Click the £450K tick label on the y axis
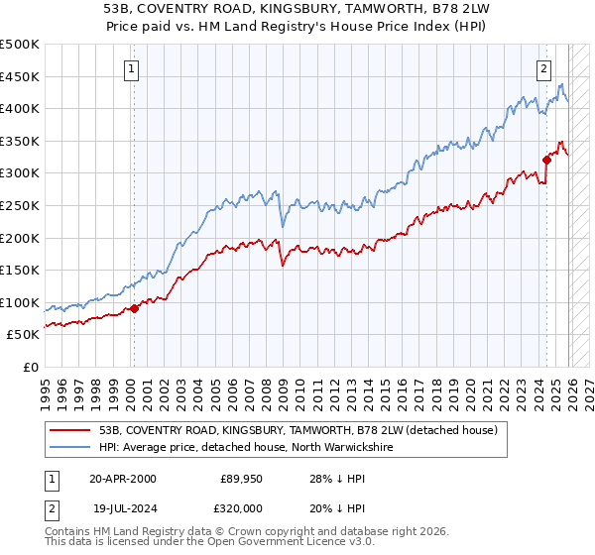coord(20,76)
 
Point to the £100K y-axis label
coord(20,302)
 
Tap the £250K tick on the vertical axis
coord(20,205)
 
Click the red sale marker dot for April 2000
coord(135,308)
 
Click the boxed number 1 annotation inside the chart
coord(133,68)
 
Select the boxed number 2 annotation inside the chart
coord(544,68)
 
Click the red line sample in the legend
coord(72,430)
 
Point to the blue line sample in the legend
coord(72,448)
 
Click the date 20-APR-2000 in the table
coord(122,479)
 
